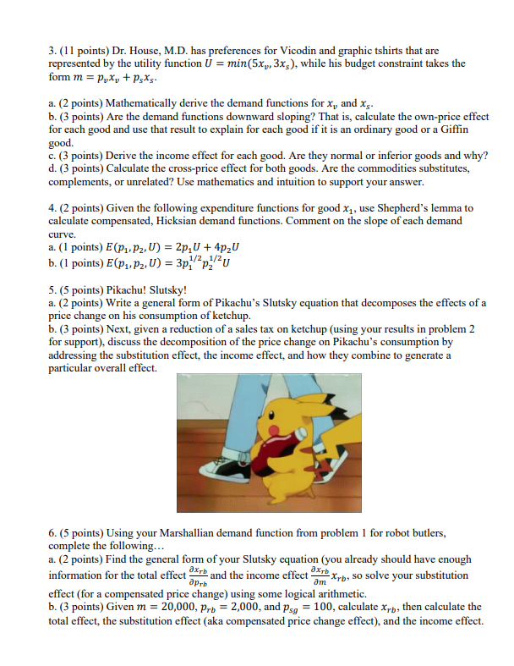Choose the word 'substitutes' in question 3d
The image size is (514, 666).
[x=419, y=168]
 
